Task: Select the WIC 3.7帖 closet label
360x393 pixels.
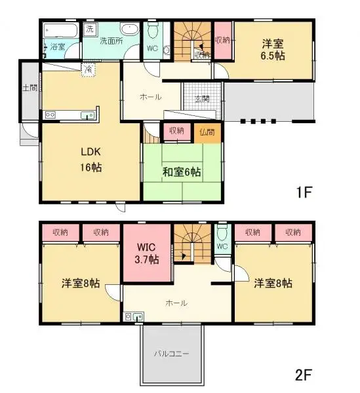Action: coord(147,253)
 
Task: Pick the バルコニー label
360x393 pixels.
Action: coord(172,354)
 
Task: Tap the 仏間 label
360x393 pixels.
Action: coord(207,132)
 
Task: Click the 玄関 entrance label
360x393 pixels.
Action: coord(201,99)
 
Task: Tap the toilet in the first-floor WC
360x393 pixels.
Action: coord(153,31)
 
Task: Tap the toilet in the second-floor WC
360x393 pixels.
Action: coord(222,233)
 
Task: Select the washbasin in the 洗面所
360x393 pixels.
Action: coord(130,30)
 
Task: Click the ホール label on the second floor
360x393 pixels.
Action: coord(176,303)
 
